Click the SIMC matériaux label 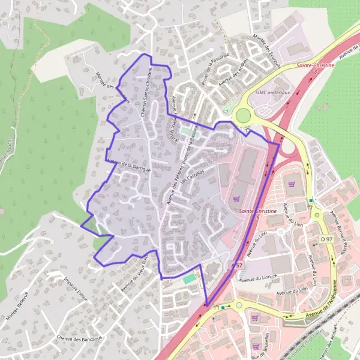click(272, 92)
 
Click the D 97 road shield click(326, 239)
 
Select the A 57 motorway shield click(237, 265)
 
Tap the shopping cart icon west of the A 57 click(235, 197)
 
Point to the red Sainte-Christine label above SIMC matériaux click(315, 65)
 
